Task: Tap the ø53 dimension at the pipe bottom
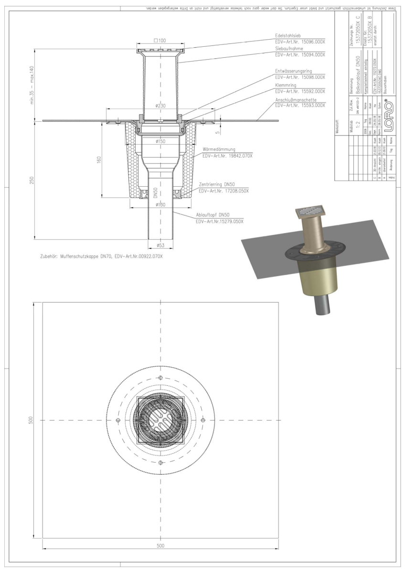click(161, 246)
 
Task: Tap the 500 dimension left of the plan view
click(30, 420)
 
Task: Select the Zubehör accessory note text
click(101, 256)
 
